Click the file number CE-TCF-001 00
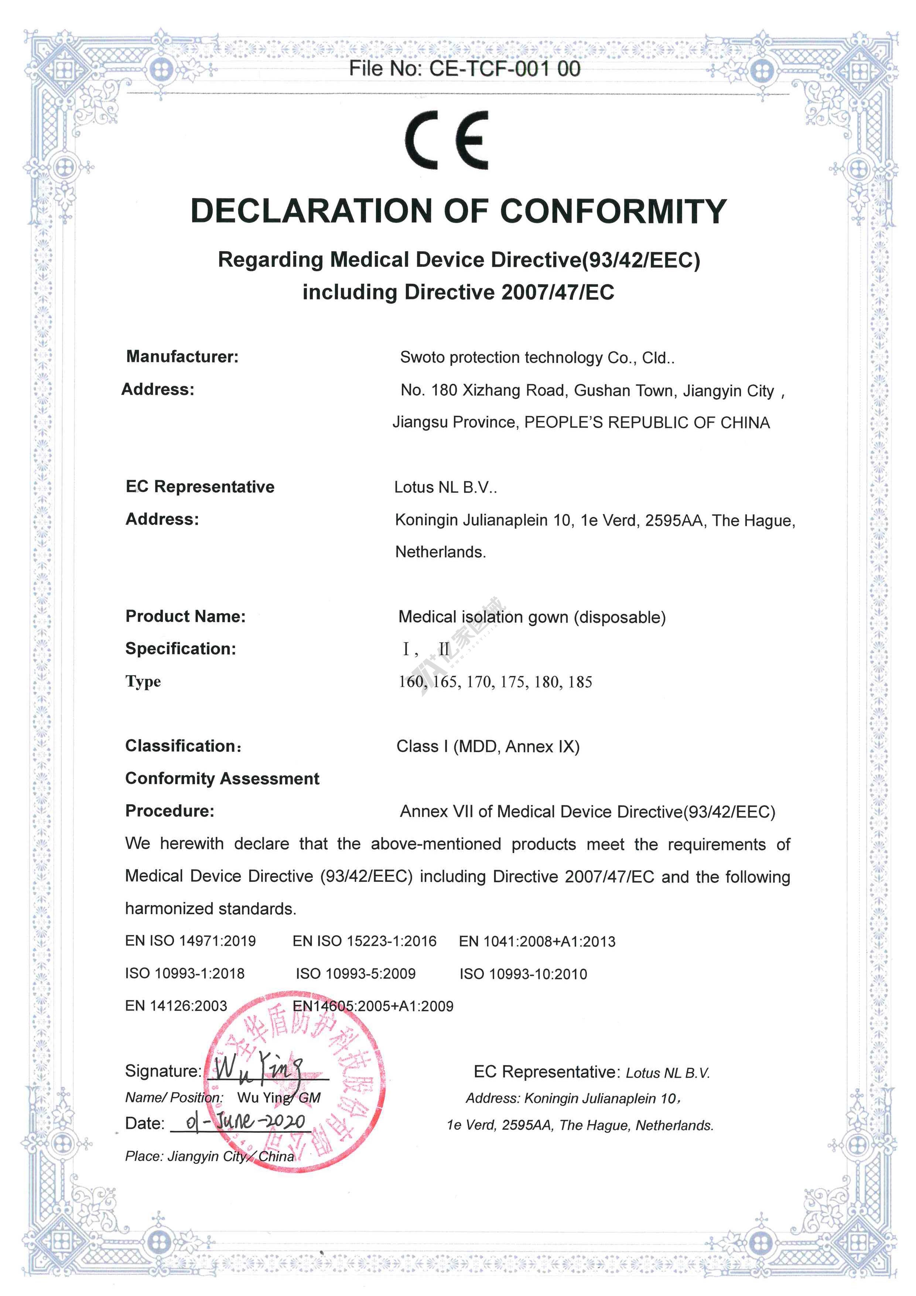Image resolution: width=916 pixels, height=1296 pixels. tap(505, 69)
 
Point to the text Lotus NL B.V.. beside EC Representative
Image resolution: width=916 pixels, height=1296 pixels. tap(445, 487)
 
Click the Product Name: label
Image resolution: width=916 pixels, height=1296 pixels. tap(185, 616)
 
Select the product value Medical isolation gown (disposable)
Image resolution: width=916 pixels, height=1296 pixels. tap(532, 617)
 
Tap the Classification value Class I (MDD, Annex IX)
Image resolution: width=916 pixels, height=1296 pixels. tap(488, 746)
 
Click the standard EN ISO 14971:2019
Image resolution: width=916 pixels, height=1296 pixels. tap(190, 941)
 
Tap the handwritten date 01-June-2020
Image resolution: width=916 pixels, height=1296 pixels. tap(246, 1122)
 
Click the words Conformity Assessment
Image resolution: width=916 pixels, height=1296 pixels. tap(222, 778)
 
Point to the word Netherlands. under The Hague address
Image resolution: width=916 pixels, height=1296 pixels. tap(440, 552)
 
